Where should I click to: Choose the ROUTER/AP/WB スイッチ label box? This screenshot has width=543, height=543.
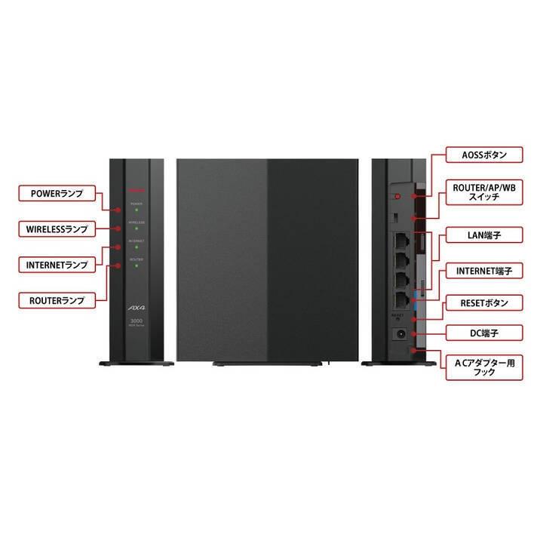click(483, 192)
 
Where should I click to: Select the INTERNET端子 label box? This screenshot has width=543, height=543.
click(483, 269)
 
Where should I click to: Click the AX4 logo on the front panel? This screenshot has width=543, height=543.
click(137, 306)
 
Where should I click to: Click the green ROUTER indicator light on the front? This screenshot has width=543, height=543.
click(137, 265)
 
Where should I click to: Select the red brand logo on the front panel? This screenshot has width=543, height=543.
click(137, 189)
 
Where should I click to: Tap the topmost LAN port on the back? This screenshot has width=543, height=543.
click(400, 241)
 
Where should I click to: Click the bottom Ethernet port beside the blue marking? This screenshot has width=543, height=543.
click(400, 299)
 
